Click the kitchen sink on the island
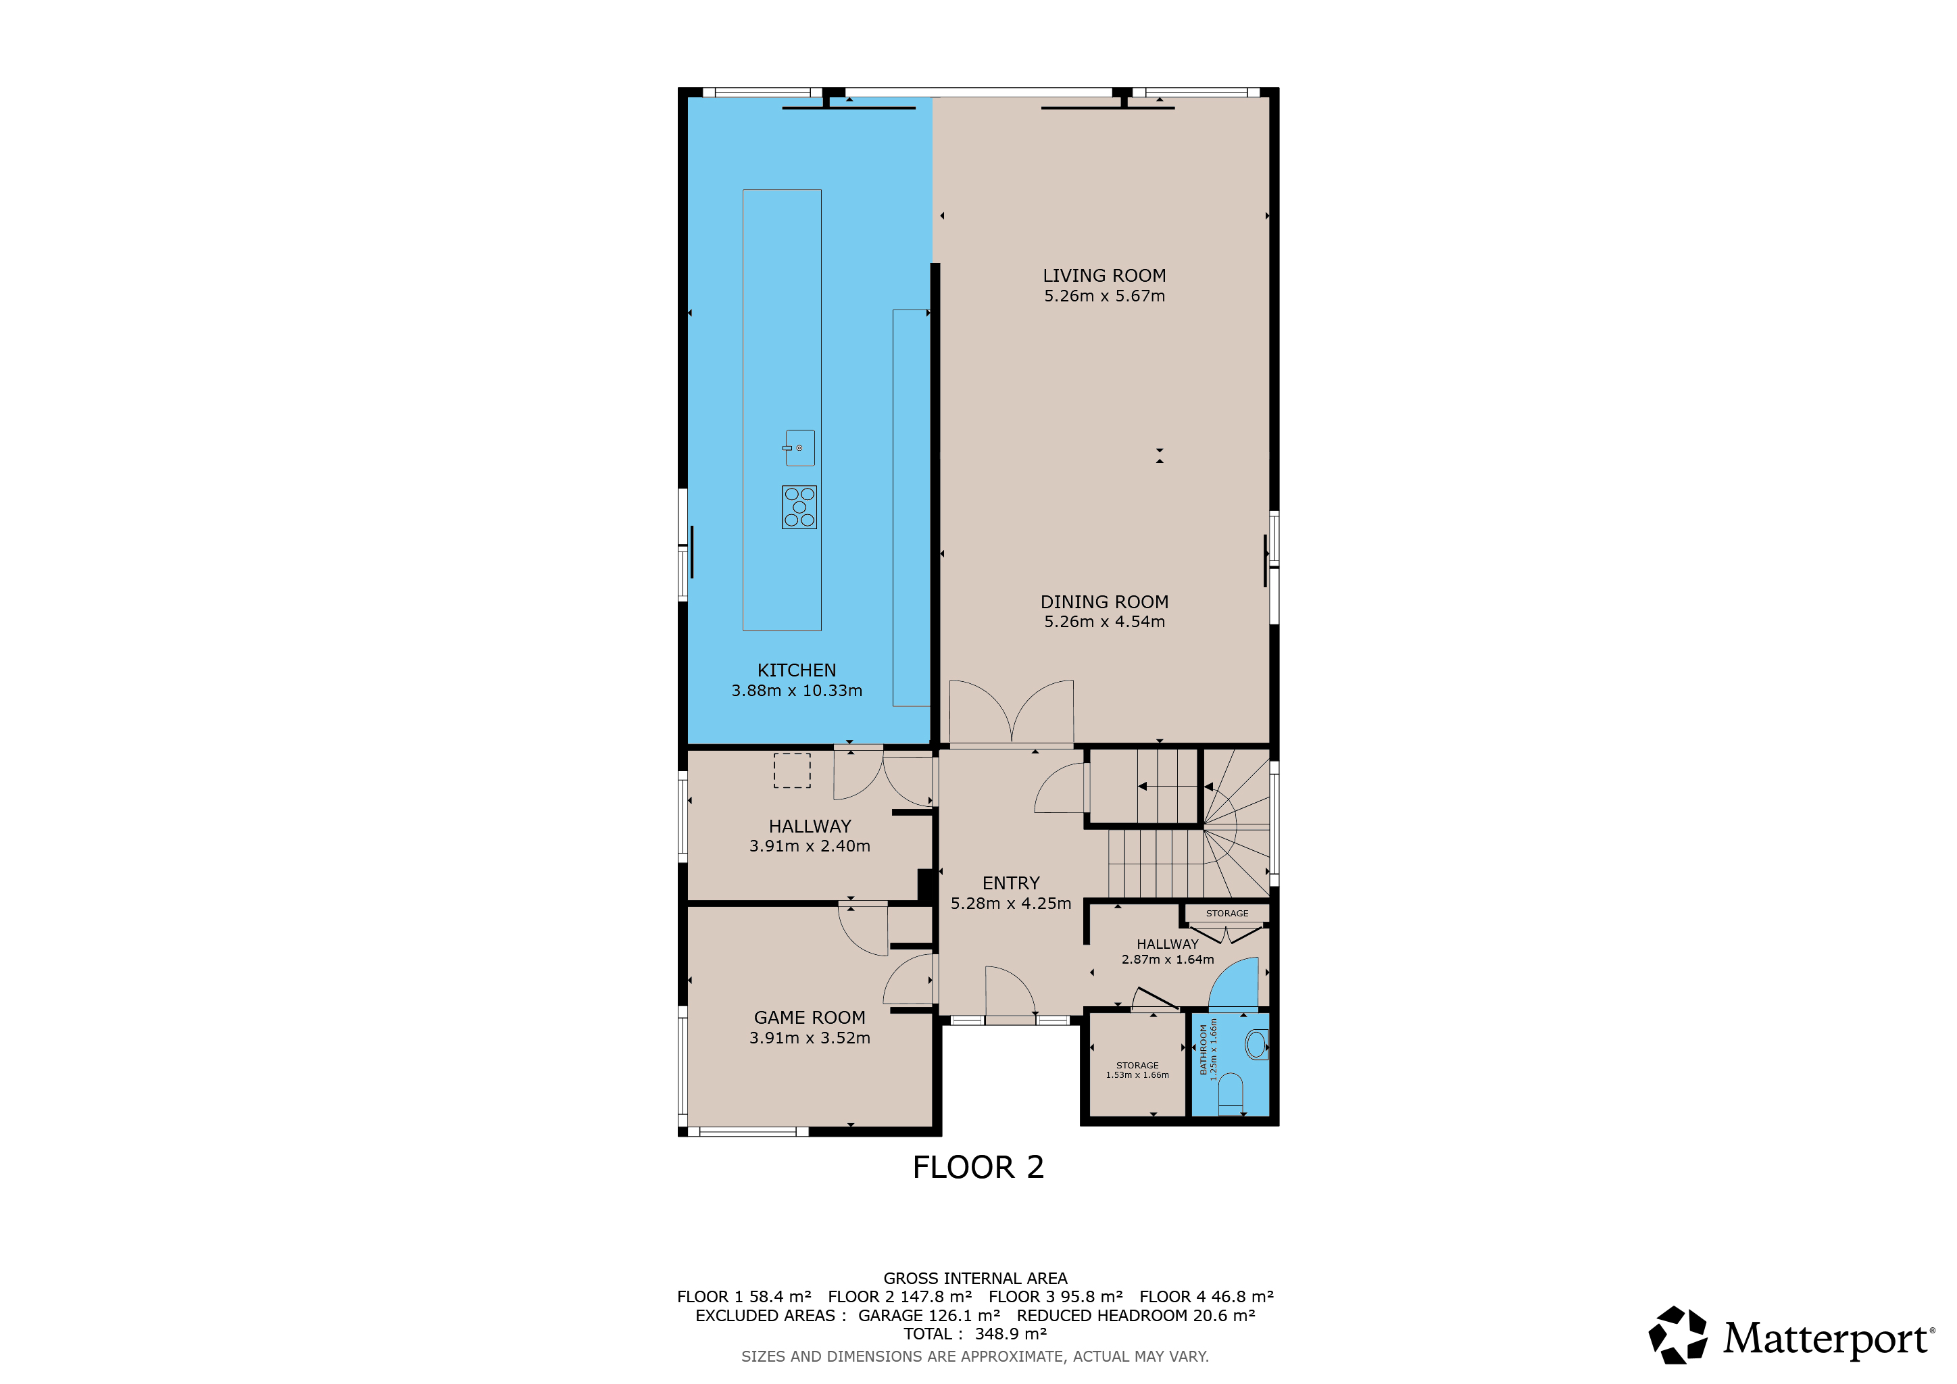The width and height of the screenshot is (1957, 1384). [799, 448]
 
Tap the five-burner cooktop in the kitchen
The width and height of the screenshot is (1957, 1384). [799, 507]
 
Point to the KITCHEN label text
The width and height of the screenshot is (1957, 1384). [797, 670]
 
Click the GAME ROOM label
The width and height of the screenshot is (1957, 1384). [810, 1018]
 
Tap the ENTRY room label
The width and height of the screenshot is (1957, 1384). [1011, 883]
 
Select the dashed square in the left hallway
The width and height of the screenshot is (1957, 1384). [792, 770]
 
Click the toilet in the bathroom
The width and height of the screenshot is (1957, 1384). [1230, 1094]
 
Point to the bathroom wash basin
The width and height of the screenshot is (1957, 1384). [1257, 1045]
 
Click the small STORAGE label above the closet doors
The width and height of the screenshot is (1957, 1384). [1227, 914]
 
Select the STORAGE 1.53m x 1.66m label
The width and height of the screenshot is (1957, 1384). [1138, 1070]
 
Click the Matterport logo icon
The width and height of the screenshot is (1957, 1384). [1677, 1335]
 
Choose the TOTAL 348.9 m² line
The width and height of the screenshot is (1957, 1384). [975, 1334]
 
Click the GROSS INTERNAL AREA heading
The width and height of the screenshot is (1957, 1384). [975, 1279]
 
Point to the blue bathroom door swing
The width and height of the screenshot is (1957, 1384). [1234, 985]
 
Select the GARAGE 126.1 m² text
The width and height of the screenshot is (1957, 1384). [929, 1315]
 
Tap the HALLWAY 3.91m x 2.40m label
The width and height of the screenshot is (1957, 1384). [810, 836]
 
